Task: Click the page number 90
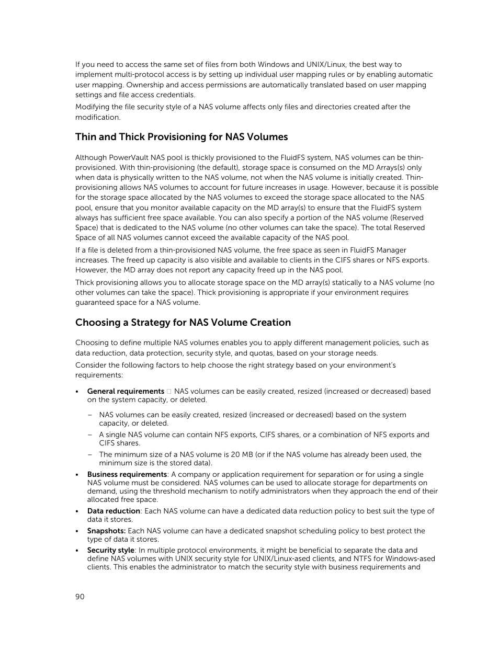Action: [x=80, y=597]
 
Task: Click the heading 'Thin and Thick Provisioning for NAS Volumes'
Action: [x=182, y=137]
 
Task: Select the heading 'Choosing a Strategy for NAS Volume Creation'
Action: [x=183, y=323]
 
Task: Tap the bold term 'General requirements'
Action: [x=126, y=391]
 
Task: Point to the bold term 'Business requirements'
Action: [x=127, y=474]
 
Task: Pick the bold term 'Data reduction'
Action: [x=114, y=511]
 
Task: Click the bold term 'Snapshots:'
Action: [x=106, y=531]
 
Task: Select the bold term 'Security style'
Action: [x=111, y=550]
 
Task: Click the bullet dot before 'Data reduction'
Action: [x=77, y=511]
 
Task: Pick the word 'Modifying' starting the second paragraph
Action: [x=93, y=107]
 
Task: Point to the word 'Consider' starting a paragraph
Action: [x=90, y=365]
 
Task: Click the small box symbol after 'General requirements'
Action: [x=169, y=391]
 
